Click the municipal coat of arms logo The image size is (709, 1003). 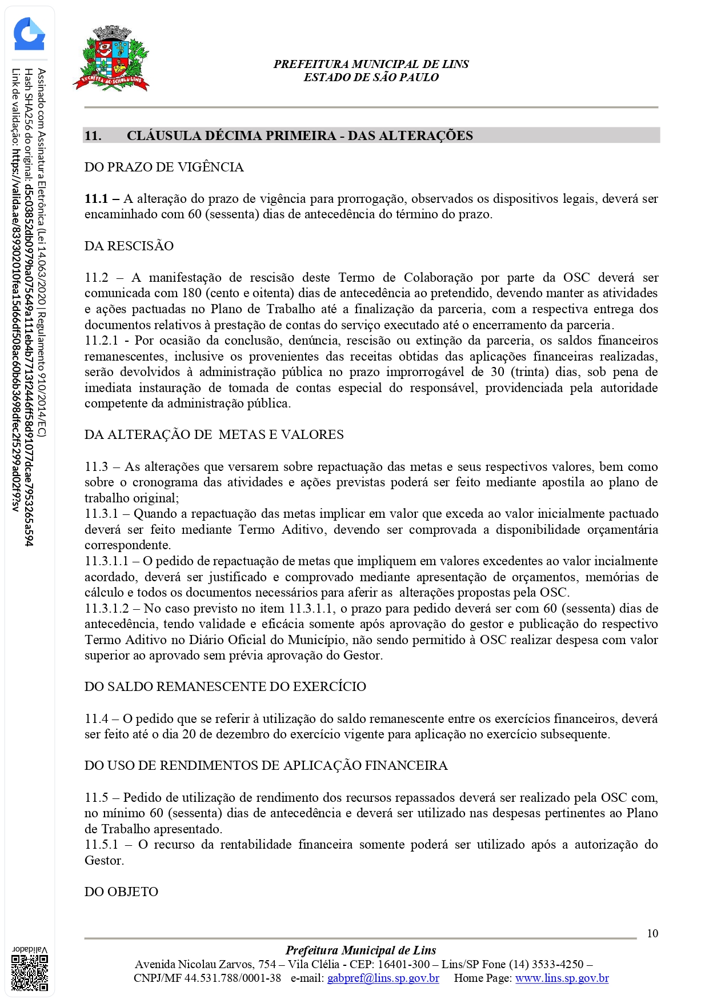[111, 59]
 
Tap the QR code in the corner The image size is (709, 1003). [30, 973]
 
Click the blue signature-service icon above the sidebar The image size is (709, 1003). [29, 34]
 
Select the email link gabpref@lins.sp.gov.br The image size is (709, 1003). [383, 978]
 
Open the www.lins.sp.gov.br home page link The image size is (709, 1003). [562, 978]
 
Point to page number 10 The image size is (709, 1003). [652, 933]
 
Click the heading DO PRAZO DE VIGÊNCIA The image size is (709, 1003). [164, 167]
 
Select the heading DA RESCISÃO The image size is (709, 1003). [129, 246]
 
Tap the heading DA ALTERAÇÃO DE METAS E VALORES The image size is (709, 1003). [214, 434]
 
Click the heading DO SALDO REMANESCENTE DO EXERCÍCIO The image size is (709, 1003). [225, 686]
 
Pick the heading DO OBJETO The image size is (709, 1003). [121, 892]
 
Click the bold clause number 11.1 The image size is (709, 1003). [96, 199]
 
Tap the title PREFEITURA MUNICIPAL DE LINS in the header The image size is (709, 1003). [371, 64]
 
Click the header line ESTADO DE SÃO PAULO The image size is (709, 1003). [371, 77]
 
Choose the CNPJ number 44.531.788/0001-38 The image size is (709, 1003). [233, 978]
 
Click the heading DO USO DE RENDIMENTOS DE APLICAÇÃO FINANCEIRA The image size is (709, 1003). [266, 765]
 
